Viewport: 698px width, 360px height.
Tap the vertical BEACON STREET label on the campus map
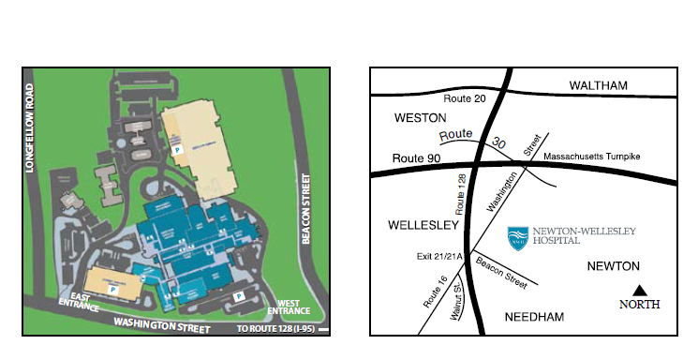tap(305, 207)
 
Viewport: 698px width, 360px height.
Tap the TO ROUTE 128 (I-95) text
tap(275, 329)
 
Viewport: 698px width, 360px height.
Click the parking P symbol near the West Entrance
tap(240, 296)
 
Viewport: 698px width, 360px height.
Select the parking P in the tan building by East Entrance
tap(113, 291)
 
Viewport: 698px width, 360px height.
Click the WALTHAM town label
tap(598, 86)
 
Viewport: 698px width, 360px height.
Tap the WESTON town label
tap(414, 118)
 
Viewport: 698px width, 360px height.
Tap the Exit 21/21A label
tap(438, 255)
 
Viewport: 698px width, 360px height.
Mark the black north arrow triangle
tap(640, 291)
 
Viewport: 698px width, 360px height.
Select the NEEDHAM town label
tap(534, 317)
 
